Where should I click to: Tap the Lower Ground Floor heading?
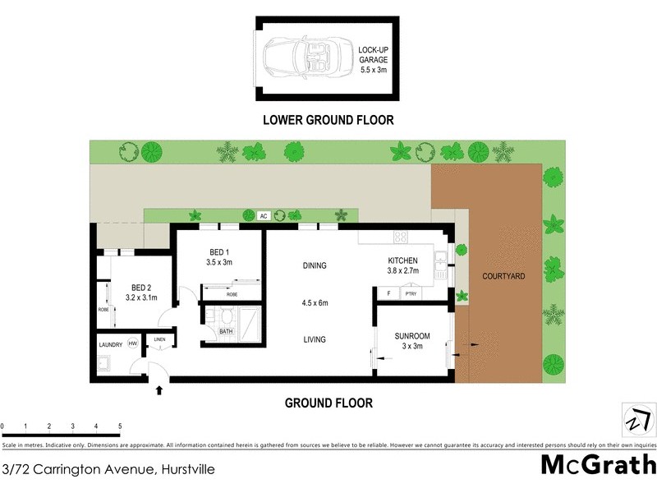click(x=328, y=120)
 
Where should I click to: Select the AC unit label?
click(x=264, y=216)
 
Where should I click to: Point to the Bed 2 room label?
click(x=138, y=293)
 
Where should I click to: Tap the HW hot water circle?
click(x=131, y=345)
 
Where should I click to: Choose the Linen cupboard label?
click(x=159, y=340)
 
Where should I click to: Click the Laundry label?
click(x=110, y=345)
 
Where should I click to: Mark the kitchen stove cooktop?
click(x=402, y=237)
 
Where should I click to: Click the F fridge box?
click(x=388, y=293)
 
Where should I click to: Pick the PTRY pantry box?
click(x=411, y=293)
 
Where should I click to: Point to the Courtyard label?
click(x=503, y=276)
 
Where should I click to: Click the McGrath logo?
click(x=597, y=465)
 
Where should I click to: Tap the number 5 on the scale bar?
click(x=120, y=426)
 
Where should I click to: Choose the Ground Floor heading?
click(x=328, y=403)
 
